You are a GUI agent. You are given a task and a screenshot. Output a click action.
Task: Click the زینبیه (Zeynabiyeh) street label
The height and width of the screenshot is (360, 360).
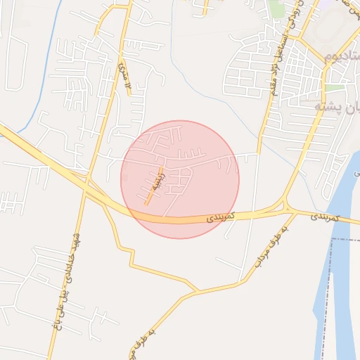[x=154, y=185]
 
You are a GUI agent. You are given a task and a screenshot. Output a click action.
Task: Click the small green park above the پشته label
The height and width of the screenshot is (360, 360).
[x=335, y=88]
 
